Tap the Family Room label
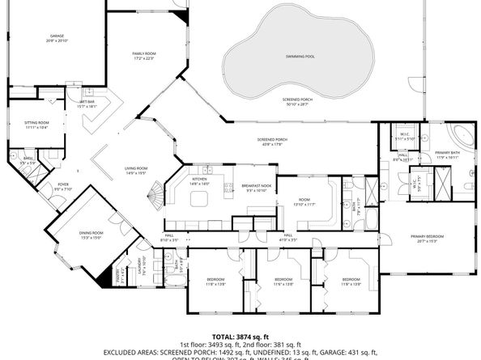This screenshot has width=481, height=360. click(144, 53)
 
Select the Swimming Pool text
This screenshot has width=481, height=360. click(300, 56)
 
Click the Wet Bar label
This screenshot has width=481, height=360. click(87, 103)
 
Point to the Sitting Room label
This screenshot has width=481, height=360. click(36, 123)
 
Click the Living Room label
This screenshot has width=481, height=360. click(135, 168)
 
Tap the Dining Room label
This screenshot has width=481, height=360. click(90, 234)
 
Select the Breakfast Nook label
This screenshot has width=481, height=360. click(256, 186)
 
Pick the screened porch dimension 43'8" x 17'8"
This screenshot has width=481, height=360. click(271, 145)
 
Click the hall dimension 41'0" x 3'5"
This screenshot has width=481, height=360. click(288, 240)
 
